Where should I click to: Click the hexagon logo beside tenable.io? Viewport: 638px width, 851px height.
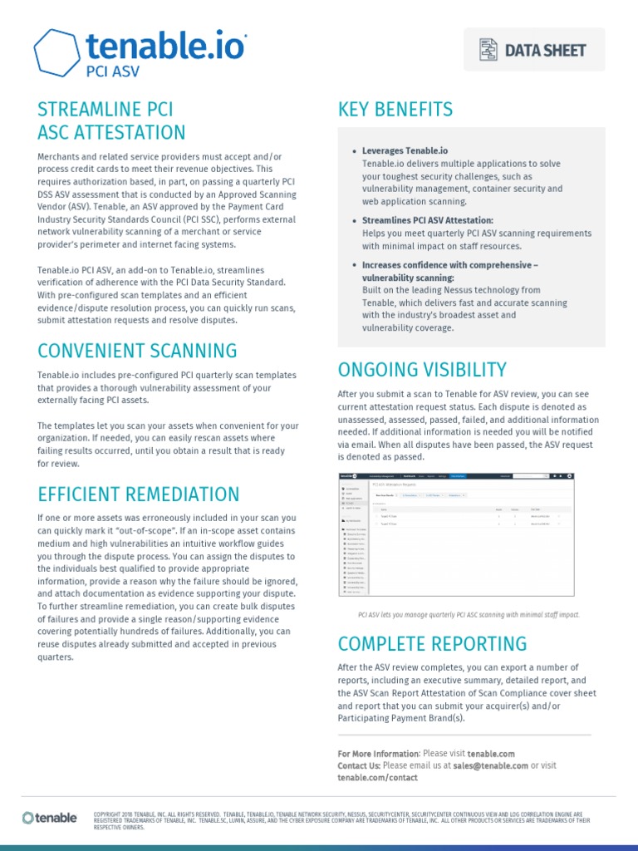56,54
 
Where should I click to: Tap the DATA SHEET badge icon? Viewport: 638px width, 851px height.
488,50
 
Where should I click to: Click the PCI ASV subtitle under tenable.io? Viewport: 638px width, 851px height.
113,71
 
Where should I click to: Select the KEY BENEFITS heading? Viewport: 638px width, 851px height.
395,110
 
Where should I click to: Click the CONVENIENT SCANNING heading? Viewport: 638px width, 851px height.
137,351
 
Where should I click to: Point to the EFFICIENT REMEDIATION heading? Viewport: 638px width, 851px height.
139,494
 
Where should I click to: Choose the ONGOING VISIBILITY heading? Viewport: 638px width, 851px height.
421,370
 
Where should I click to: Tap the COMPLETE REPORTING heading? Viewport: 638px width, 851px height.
432,644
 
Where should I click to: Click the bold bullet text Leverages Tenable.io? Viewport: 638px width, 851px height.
405,151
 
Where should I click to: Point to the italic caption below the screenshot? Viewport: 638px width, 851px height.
468,615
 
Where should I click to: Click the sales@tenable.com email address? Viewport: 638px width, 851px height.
491,765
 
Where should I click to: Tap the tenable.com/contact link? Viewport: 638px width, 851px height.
377,778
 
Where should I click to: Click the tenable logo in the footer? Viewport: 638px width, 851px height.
50,819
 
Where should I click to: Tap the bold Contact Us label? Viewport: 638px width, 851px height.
359,765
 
